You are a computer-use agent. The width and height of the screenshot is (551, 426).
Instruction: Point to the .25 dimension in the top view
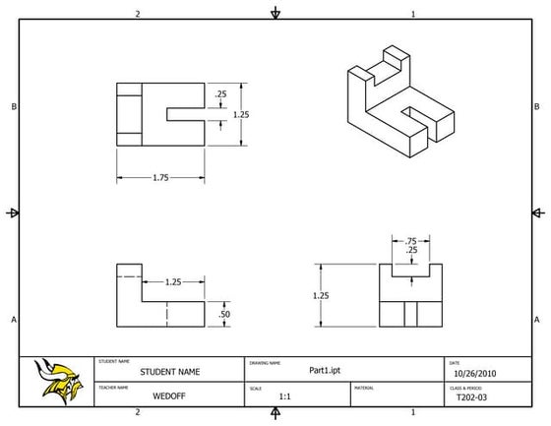click(220, 94)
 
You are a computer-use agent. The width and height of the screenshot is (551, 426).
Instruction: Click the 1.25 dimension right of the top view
click(241, 114)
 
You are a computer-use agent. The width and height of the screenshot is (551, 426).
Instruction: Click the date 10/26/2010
click(473, 373)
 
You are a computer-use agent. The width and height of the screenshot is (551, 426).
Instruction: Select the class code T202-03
click(473, 398)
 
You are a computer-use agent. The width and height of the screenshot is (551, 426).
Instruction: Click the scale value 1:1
click(284, 397)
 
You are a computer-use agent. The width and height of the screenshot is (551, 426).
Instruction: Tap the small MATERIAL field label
click(365, 388)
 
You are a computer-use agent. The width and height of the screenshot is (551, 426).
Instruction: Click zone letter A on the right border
click(536, 320)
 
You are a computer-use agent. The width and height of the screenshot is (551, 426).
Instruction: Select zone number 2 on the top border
click(138, 14)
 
